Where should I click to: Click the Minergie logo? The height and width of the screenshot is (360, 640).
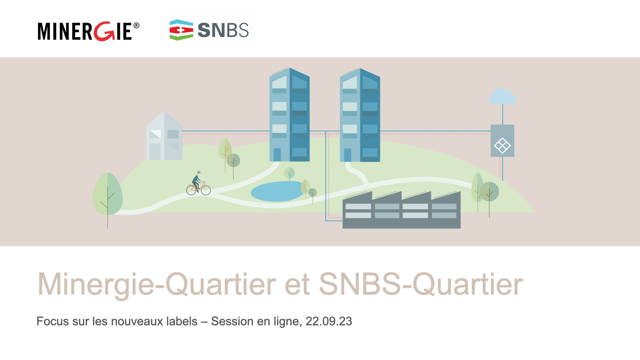[88, 31]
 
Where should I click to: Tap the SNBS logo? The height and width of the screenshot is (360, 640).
[209, 30]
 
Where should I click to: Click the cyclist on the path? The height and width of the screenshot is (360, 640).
[198, 183]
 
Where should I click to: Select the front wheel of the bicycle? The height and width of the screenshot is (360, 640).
[206, 190]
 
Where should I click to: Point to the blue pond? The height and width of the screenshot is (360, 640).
[278, 191]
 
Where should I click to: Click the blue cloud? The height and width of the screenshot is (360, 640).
[502, 96]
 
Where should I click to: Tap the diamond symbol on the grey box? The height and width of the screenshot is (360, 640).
[502, 146]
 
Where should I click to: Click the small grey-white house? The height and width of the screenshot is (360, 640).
[164, 136]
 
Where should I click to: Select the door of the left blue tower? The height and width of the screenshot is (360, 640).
[277, 155]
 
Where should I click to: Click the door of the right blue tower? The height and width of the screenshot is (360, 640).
[348, 155]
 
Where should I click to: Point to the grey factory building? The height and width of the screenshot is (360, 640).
[402, 210]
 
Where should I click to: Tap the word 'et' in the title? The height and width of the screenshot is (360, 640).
[297, 284]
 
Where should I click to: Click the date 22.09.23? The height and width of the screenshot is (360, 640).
[329, 321]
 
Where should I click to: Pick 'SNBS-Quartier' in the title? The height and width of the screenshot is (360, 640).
[421, 284]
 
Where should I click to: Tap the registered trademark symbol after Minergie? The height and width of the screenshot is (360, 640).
[136, 26]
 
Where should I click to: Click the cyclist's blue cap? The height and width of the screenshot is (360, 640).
[199, 172]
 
